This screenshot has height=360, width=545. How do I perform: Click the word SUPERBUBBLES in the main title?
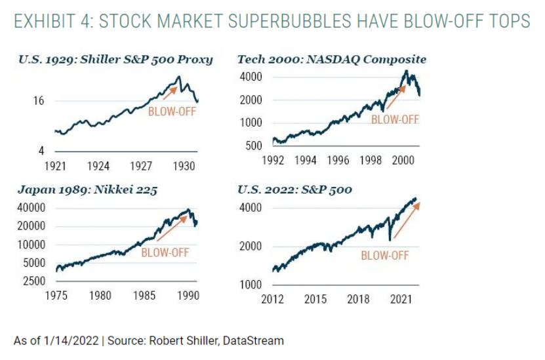289,21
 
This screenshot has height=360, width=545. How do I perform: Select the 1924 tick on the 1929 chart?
98,166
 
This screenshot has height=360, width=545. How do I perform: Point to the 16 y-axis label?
39,101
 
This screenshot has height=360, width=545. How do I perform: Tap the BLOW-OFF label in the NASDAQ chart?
395,119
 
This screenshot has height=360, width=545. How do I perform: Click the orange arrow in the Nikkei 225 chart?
172,228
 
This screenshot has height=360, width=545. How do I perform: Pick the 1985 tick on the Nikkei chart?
144,295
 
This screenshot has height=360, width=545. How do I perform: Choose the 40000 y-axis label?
31,208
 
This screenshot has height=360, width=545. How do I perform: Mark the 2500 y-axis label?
34,281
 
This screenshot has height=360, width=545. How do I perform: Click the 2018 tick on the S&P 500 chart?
358,299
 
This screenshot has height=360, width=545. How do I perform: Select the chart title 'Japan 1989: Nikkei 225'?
88,190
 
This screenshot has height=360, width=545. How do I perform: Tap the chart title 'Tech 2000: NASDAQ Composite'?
332,60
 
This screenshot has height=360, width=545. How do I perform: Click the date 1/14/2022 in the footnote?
71,340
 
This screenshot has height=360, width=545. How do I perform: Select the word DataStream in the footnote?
253,340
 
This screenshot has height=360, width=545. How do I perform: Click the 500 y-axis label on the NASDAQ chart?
254,146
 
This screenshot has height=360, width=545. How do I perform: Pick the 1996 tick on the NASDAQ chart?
338,160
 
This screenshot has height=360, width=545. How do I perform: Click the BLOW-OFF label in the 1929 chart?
172,111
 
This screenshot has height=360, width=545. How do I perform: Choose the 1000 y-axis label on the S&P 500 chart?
251,285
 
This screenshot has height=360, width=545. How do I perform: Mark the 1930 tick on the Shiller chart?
184,166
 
